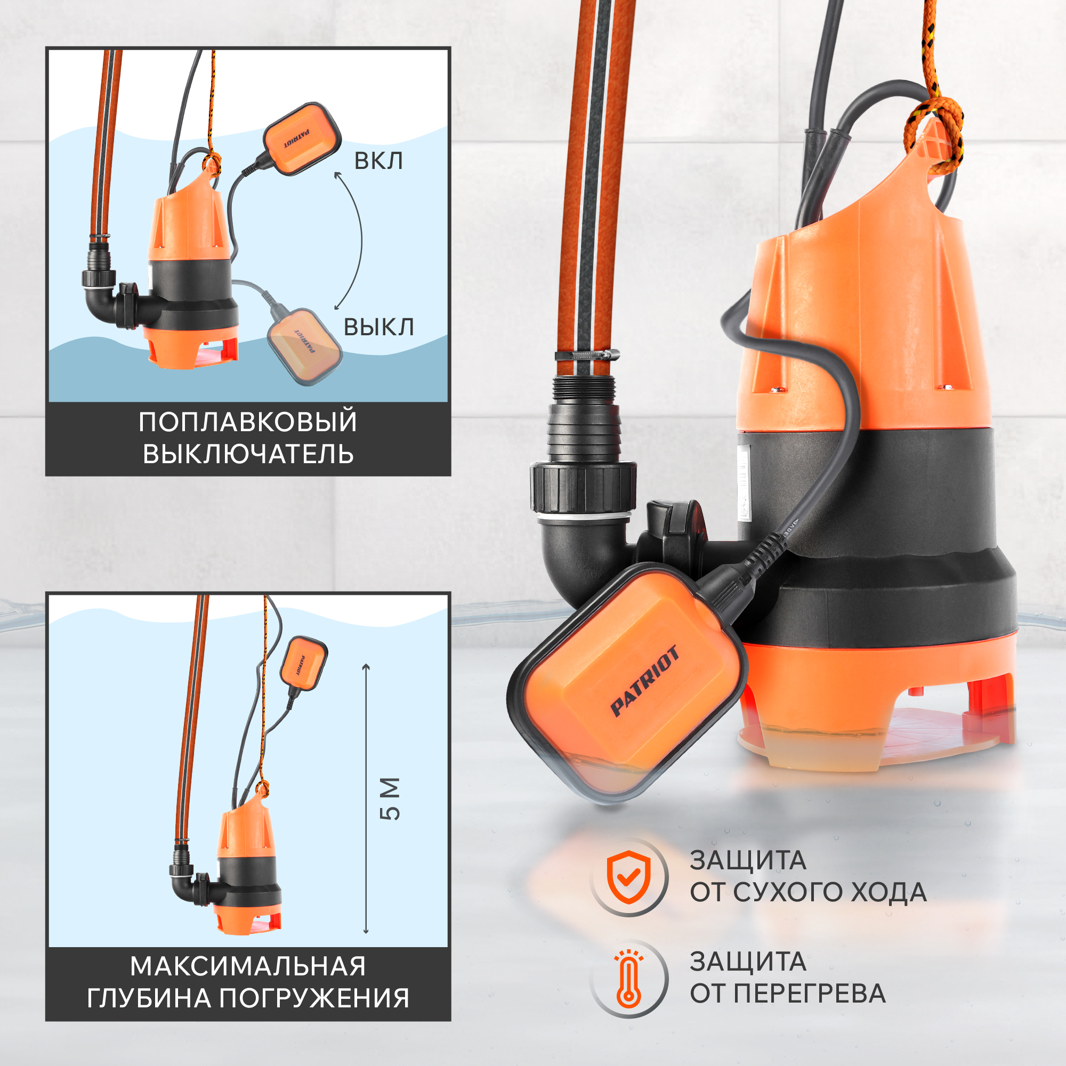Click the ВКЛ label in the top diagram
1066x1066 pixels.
pos(378,160)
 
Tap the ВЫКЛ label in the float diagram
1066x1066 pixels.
pos(378,327)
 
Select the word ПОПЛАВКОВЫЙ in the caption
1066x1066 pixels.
pos(248,422)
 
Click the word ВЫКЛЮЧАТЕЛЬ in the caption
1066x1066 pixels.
pos(248,455)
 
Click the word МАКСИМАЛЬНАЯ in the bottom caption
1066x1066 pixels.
pos(248,966)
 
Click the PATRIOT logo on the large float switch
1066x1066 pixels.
pos(644,681)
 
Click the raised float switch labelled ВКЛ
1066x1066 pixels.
pos(300,139)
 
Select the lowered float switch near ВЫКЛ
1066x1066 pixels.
pos(304,346)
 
